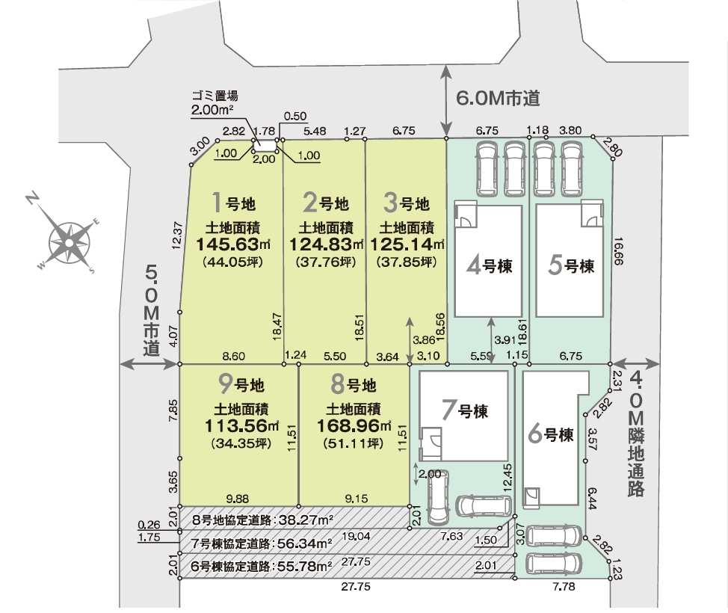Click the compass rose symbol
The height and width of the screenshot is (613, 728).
(x=69, y=241)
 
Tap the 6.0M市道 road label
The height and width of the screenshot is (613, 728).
(x=498, y=98)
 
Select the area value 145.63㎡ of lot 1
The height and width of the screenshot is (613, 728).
(x=233, y=244)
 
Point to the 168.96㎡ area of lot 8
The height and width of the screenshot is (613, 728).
(x=354, y=425)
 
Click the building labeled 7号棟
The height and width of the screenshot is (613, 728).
(x=463, y=415)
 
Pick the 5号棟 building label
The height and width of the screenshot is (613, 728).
(x=571, y=265)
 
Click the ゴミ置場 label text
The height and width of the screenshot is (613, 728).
(x=215, y=96)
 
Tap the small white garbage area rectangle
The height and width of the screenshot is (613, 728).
(x=265, y=145)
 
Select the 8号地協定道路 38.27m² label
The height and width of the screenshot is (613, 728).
(x=263, y=520)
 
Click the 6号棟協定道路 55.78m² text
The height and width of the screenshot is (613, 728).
(x=262, y=567)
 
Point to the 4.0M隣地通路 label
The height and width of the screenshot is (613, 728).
(x=636, y=435)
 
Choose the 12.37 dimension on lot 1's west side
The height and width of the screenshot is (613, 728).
(x=176, y=236)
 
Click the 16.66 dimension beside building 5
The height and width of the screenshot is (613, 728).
(x=618, y=251)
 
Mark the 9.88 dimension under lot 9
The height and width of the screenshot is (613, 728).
(x=237, y=499)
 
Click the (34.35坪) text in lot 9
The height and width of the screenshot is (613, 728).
(x=241, y=443)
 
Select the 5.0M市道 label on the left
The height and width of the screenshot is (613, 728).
(x=152, y=310)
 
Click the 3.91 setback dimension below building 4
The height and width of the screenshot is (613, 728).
(x=505, y=340)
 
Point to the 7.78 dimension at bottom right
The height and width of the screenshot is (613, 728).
(x=564, y=587)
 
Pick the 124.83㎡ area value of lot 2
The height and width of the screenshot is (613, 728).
(x=327, y=244)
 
